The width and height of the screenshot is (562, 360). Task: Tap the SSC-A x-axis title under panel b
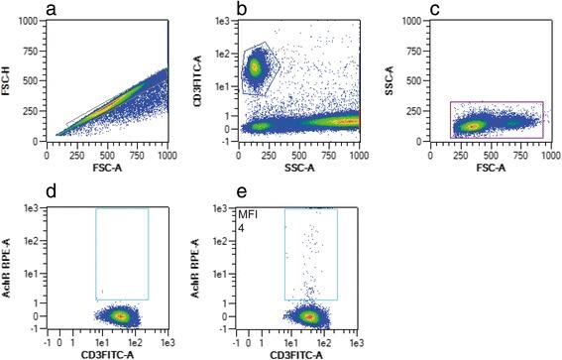coord(300,168)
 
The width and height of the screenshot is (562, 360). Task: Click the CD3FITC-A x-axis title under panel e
coord(300,349)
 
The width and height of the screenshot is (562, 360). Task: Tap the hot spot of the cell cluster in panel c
coord(474,126)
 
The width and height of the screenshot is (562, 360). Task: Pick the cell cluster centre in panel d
coord(119,316)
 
